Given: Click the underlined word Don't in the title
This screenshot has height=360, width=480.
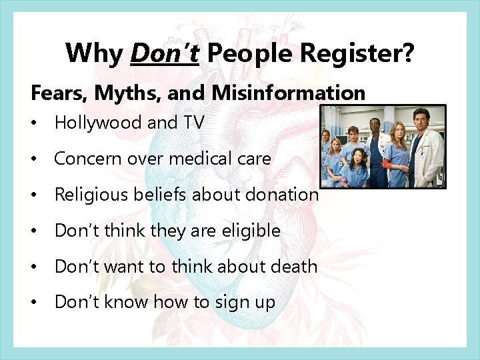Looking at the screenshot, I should [165, 53].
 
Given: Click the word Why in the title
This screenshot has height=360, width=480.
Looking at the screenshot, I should [95, 53].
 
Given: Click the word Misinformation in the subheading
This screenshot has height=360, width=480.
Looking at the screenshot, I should [289, 93].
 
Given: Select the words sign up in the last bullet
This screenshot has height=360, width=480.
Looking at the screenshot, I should [245, 303].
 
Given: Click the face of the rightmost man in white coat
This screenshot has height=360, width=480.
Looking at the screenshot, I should [420, 120].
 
